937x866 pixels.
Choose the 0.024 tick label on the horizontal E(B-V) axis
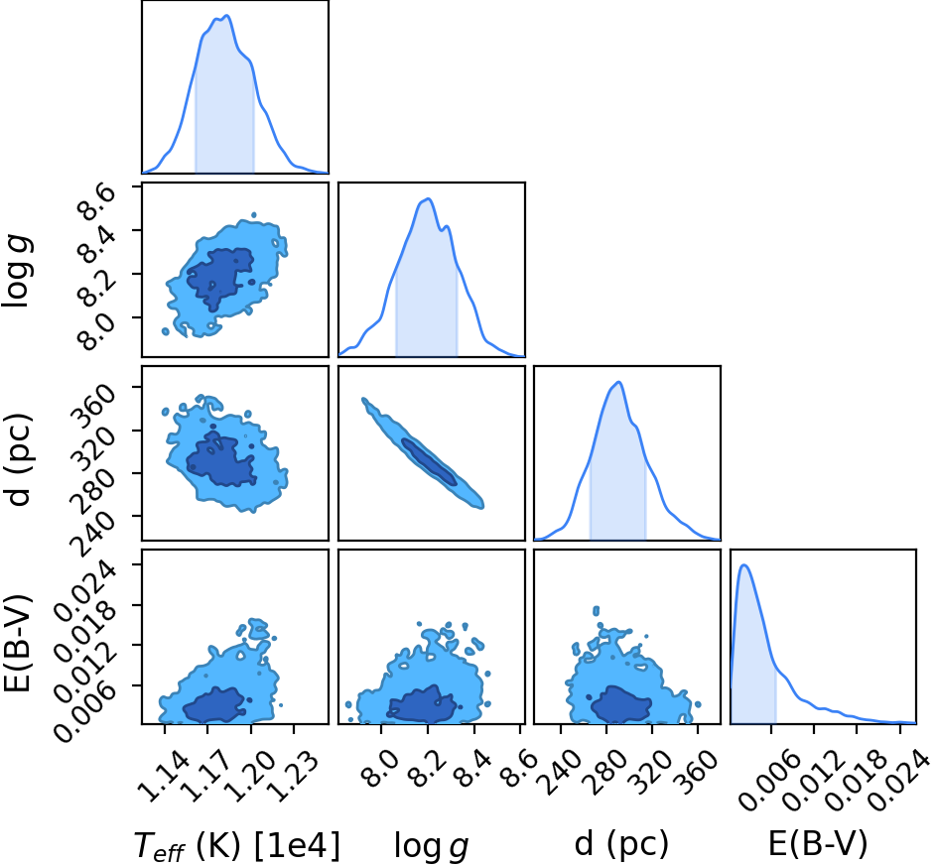[898, 781]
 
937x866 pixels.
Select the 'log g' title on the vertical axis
[17, 272]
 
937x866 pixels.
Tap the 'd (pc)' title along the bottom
[621, 844]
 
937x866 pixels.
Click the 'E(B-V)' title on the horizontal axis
[817, 844]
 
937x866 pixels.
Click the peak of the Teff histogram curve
[227, 16]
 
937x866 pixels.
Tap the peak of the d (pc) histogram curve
[619, 382]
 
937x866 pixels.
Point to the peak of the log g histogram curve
[428, 198]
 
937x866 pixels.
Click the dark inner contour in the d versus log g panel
[429, 461]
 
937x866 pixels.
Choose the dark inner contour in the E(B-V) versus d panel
[621, 703]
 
